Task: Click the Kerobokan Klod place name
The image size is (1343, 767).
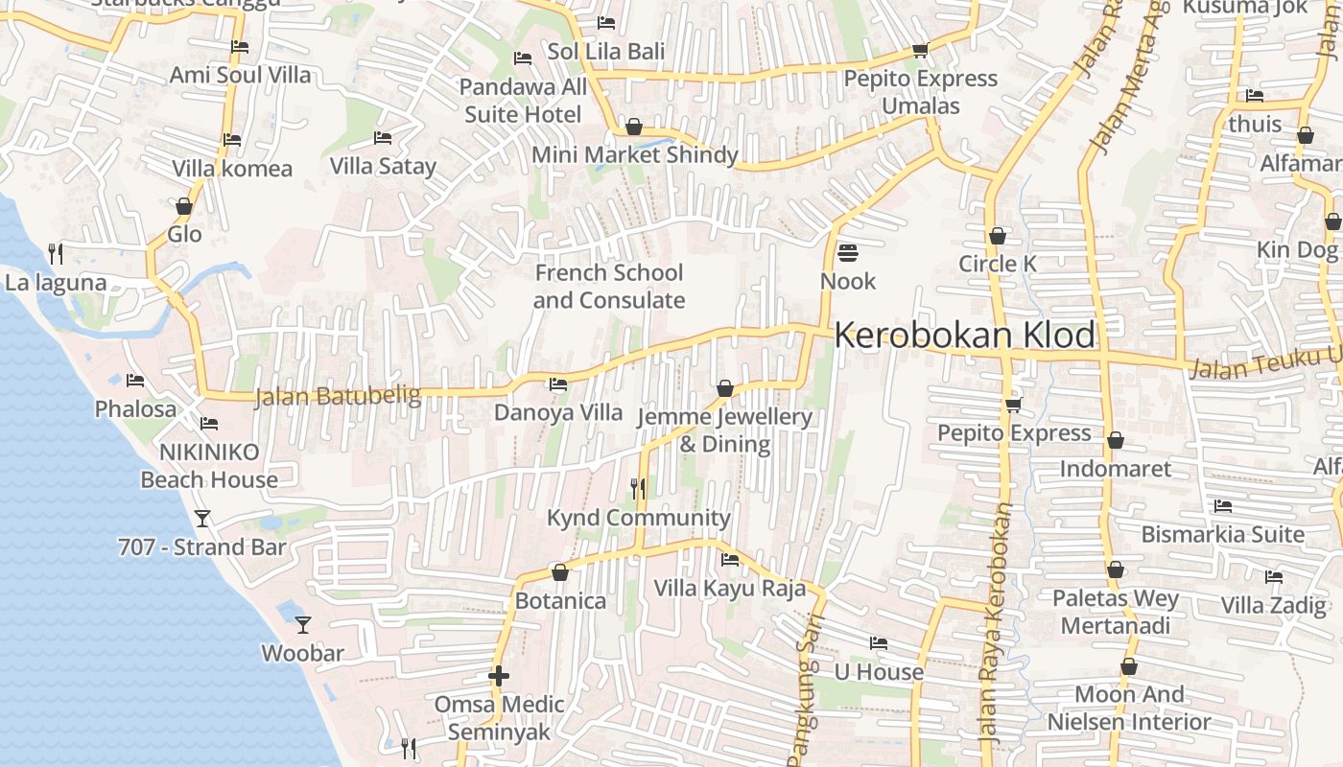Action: (964, 336)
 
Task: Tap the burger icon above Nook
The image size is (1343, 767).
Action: (848, 253)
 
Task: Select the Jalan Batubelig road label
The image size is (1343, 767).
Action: (338, 396)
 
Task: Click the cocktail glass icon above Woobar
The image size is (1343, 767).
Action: (303, 625)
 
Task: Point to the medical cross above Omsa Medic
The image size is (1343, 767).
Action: (498, 677)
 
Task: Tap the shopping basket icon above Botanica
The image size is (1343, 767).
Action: (560, 573)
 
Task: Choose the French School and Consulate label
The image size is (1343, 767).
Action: (609, 287)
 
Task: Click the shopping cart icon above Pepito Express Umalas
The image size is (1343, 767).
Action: (920, 50)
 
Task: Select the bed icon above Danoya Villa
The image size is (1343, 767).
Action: (557, 385)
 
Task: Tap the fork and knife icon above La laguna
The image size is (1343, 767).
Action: (56, 254)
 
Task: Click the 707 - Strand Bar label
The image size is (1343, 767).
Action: (202, 547)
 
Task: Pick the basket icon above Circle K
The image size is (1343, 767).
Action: (998, 236)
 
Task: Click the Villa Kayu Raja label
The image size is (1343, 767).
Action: (729, 588)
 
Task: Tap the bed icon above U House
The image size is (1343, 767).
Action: (878, 643)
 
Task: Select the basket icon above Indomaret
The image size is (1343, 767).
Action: (1115, 441)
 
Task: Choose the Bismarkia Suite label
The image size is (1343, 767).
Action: (1222, 534)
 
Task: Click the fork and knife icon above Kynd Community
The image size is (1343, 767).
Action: (638, 489)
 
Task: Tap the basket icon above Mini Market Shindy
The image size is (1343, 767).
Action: (633, 127)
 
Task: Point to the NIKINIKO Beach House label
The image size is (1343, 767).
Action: (209, 465)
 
